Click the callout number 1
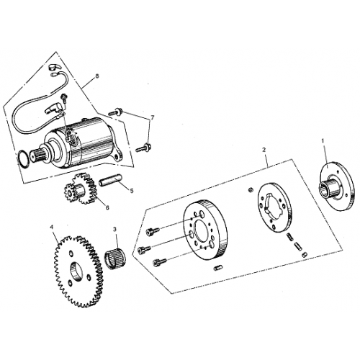323,141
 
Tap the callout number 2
264,150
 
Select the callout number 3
114,230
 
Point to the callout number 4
51,227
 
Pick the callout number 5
132,191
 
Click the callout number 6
107,207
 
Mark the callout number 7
152,117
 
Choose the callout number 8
97,76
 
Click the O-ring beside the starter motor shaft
24,160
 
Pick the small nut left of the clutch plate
251,190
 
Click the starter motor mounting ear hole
117,157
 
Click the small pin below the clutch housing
217,268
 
